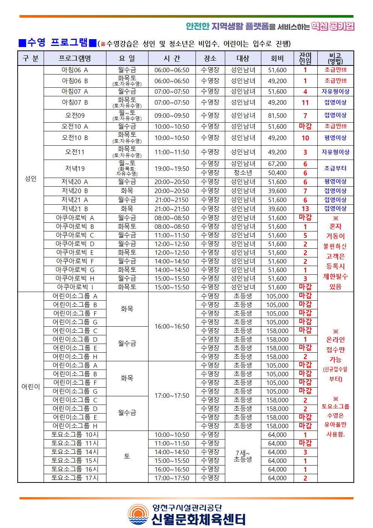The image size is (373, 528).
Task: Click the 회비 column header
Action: tap(277, 58)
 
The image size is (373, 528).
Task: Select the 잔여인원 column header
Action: tap(305, 58)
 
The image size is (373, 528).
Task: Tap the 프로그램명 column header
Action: tap(75, 58)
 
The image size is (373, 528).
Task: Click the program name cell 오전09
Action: tap(75, 116)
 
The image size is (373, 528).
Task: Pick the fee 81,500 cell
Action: tap(277, 116)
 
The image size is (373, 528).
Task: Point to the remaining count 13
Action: tap(305, 209)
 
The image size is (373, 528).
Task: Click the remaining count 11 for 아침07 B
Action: tap(305, 103)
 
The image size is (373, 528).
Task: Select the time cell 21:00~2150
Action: tap(172, 200)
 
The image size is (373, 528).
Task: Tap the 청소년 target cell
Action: tap(243, 173)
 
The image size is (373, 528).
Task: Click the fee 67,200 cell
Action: tap(277, 164)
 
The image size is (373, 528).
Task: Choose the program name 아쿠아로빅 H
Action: tap(75, 278)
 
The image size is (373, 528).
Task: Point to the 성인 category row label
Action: tap(30, 179)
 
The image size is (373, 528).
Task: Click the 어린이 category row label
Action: tap(30, 387)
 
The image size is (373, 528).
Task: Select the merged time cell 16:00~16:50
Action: tap(172, 326)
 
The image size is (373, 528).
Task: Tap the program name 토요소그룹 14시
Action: tap(75, 452)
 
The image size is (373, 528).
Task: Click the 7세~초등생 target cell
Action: tap(243, 456)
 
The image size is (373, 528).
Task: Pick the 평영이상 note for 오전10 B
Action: tap(335, 138)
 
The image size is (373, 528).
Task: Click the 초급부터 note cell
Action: tap(335, 168)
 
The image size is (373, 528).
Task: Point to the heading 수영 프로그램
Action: tap(57, 43)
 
